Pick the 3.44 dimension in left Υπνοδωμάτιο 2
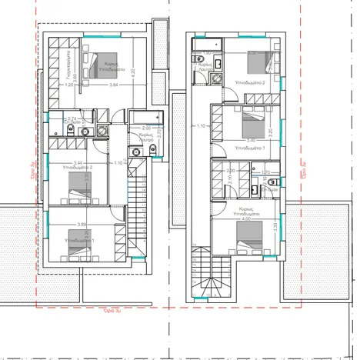click(77, 162)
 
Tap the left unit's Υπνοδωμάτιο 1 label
click(85, 241)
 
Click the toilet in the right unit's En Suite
click(275, 182)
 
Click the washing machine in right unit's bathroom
click(218, 78)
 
